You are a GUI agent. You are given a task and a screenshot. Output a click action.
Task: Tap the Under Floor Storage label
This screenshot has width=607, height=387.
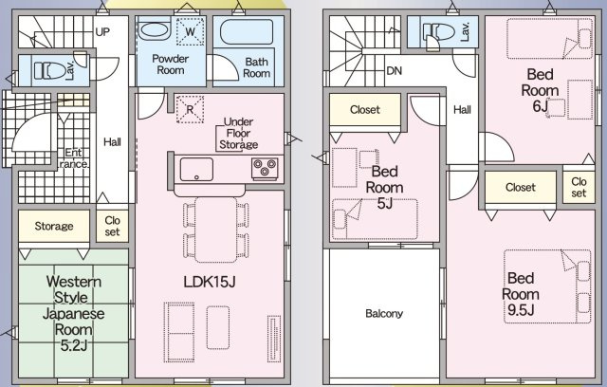point(237,134)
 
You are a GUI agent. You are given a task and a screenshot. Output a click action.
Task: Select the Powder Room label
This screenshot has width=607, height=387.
point(172,64)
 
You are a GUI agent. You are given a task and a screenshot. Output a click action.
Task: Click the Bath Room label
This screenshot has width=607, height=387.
point(257,67)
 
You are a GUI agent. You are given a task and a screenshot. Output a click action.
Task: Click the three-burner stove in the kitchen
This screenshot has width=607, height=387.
point(264,169)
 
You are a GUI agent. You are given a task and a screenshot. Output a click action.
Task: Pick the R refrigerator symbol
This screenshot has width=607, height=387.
point(185,106)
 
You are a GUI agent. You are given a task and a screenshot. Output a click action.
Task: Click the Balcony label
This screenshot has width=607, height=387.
point(384,314)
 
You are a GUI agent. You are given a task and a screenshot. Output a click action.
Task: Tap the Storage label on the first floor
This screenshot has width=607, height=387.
point(54,226)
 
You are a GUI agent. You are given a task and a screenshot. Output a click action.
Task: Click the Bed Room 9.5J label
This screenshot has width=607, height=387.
point(521,294)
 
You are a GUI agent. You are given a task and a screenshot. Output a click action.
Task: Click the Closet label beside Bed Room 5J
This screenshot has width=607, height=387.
point(364,110)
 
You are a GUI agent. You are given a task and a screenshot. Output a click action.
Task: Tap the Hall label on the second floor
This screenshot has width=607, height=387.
point(462,110)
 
